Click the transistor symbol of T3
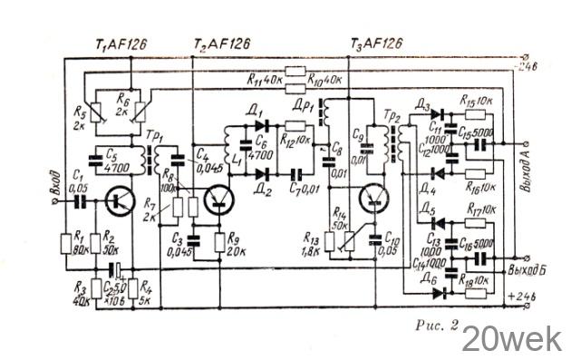click(x=373, y=199)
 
